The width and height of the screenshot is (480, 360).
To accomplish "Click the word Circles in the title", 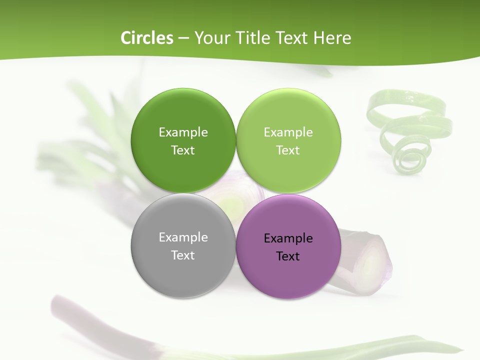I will click(x=146, y=38).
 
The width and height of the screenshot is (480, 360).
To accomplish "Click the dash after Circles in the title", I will click(x=183, y=38).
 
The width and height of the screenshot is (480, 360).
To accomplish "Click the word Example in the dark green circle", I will click(x=183, y=132).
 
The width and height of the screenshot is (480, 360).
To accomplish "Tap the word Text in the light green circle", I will click(x=288, y=150).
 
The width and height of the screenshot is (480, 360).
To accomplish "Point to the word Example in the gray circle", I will click(x=183, y=237).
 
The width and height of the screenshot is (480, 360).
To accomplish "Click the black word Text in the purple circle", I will click(x=288, y=256).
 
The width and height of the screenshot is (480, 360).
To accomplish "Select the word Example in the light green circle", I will click(x=288, y=132).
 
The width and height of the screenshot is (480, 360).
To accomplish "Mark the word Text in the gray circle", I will click(x=183, y=255).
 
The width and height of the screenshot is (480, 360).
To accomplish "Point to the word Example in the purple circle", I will click(x=288, y=238).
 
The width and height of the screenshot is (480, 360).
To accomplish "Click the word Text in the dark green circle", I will click(x=183, y=150).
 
